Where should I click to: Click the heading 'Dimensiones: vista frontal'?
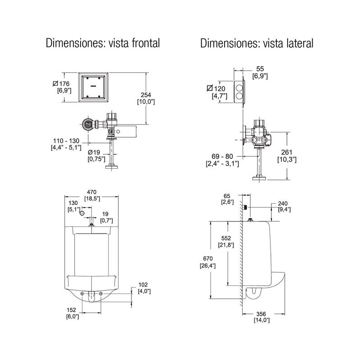tap(103, 43)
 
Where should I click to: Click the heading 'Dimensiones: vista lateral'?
tap(257, 43)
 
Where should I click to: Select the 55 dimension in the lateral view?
tap(261, 68)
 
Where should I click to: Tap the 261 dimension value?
tap(287, 152)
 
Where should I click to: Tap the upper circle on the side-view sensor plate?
tap(238, 85)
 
